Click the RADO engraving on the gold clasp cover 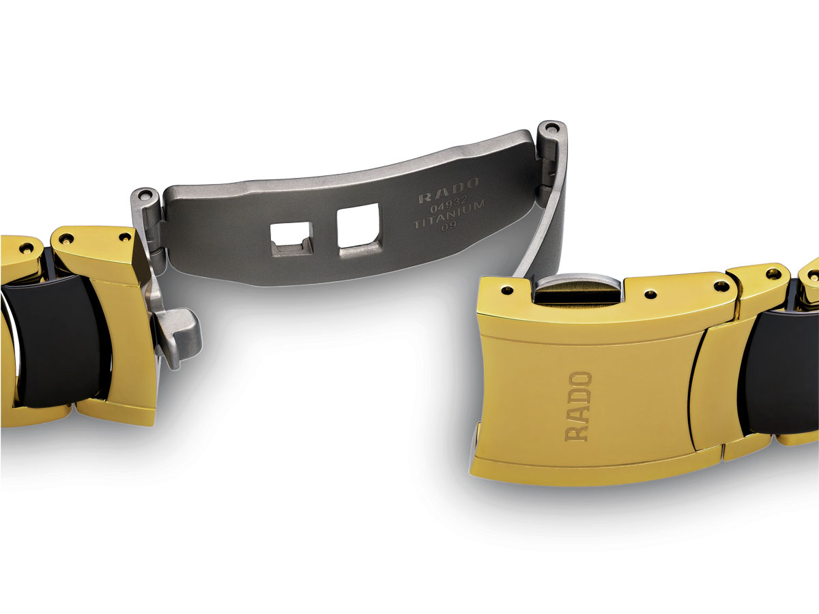point(578,407)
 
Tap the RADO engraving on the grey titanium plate point(448,190)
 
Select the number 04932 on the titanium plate point(449,204)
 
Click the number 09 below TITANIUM point(448,226)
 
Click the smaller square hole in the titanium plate point(291,239)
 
